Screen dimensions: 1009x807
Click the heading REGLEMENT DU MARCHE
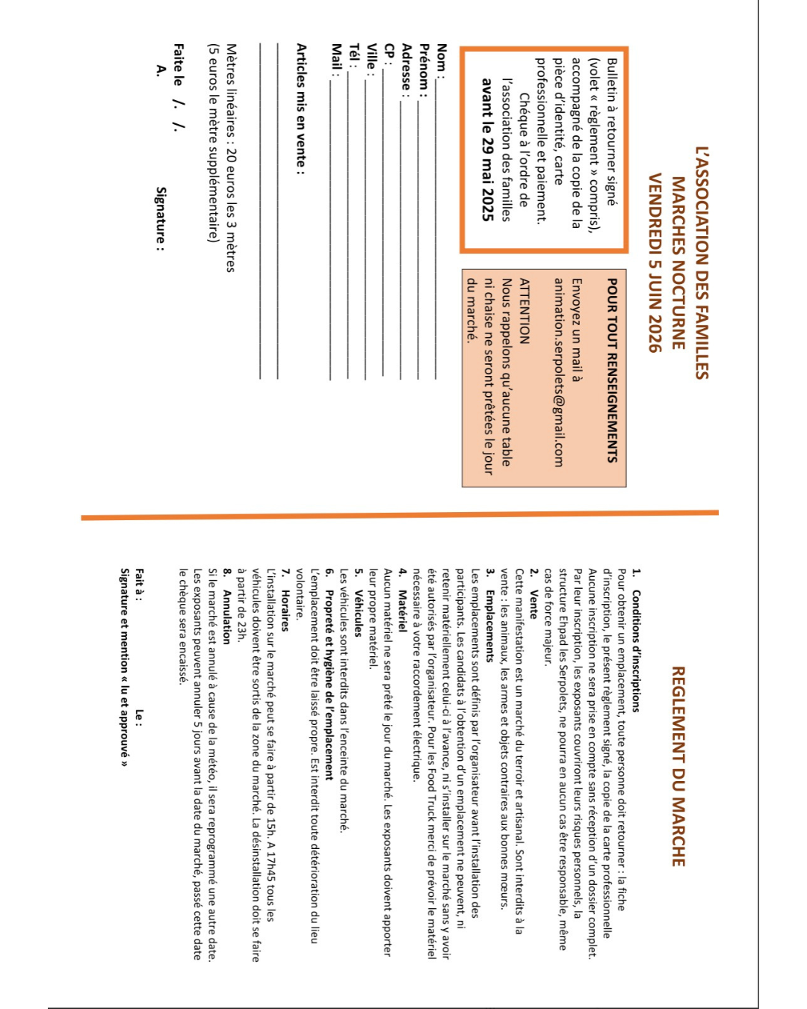[678, 766]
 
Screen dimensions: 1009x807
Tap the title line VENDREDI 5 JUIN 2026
[655, 262]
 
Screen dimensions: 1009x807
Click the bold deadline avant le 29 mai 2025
[488, 149]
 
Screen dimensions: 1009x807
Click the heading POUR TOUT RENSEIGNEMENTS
[612, 370]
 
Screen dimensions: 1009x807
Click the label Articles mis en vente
[301, 109]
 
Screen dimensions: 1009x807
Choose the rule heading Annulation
[226, 617]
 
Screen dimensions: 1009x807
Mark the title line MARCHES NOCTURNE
[678, 262]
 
